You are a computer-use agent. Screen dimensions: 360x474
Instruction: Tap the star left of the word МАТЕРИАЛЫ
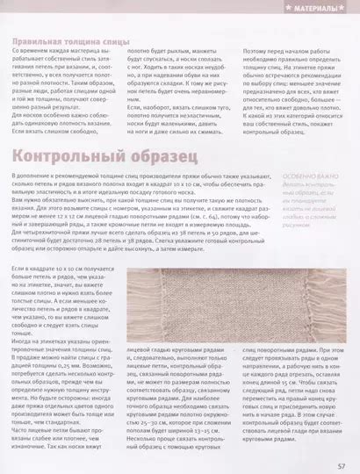click(290, 8)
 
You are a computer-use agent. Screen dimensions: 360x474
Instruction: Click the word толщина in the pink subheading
click(83, 41)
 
